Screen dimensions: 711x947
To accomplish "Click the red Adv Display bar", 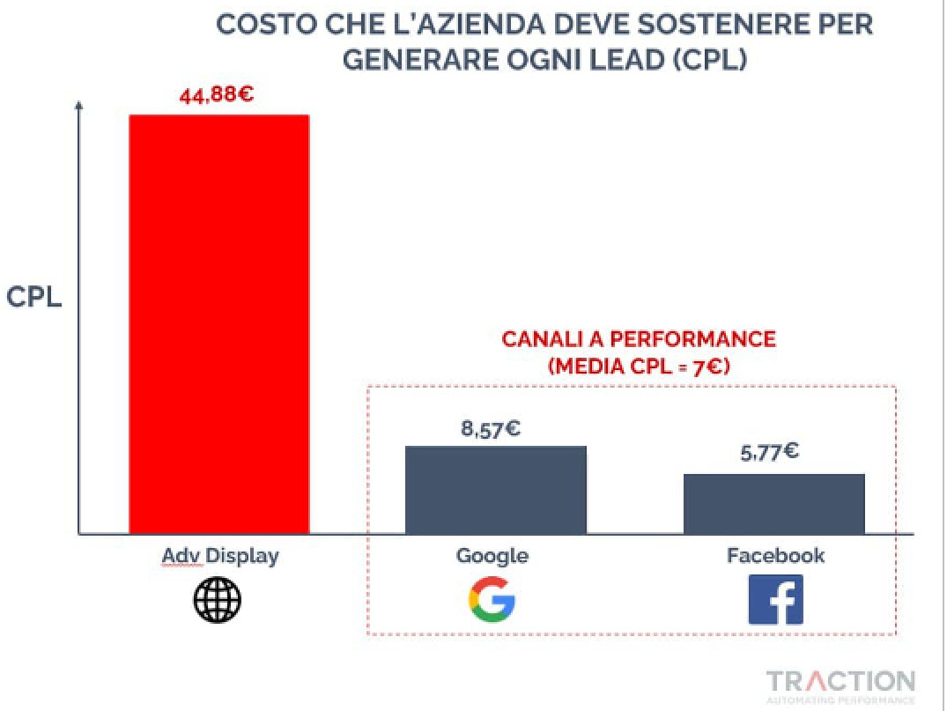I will [219, 324].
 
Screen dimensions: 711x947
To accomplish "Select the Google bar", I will [495, 490].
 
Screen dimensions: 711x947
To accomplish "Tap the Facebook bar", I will [773, 503].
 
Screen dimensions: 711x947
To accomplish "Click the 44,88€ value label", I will [216, 94].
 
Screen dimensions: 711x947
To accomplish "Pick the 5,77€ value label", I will [769, 453].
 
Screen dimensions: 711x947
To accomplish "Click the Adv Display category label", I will [219, 556].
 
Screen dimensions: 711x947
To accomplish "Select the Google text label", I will [492, 556].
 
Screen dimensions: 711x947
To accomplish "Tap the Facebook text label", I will [775, 556].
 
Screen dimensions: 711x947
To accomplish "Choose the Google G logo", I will [492, 600].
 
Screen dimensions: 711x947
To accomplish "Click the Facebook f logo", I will [775, 600].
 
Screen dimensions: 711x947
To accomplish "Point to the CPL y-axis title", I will [34, 297].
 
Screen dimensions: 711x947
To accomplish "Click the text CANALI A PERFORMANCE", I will [639, 339].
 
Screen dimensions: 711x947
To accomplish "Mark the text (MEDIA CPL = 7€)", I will [639, 367].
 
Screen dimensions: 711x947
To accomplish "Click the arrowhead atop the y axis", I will [79, 106].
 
